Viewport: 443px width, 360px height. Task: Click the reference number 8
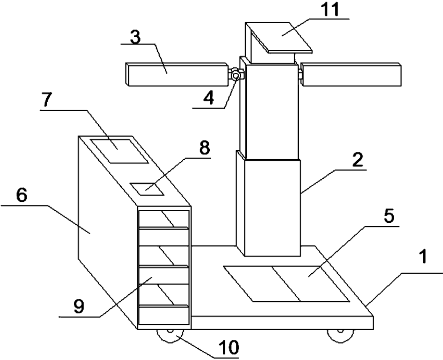pyautogui.click(x=204, y=149)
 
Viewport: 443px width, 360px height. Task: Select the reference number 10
pyautogui.click(x=230, y=348)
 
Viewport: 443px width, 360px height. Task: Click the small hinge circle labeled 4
pyautogui.click(x=236, y=76)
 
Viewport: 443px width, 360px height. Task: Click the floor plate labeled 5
pyautogui.click(x=287, y=283)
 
